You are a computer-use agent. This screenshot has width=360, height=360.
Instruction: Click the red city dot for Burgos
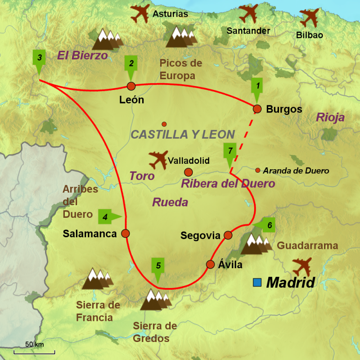(x=257, y=108)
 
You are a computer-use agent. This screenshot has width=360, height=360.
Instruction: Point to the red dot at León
(x=131, y=86)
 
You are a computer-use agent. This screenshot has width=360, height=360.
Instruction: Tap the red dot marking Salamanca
(x=126, y=234)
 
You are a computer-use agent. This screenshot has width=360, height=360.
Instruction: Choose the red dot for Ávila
(x=210, y=264)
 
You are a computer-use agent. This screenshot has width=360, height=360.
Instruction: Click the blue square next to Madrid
(x=257, y=283)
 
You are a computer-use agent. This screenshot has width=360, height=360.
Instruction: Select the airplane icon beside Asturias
(x=140, y=13)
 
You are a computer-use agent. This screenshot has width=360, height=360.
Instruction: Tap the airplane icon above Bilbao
(x=310, y=18)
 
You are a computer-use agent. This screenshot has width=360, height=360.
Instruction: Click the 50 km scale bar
(x=34, y=351)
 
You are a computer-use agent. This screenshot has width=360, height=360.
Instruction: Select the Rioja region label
(x=330, y=118)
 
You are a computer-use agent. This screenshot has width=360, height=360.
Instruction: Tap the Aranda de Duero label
(x=296, y=171)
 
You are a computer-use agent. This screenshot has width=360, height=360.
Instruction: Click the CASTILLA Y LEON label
(x=182, y=134)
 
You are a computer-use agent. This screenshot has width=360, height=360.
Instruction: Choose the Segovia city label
(x=200, y=235)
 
